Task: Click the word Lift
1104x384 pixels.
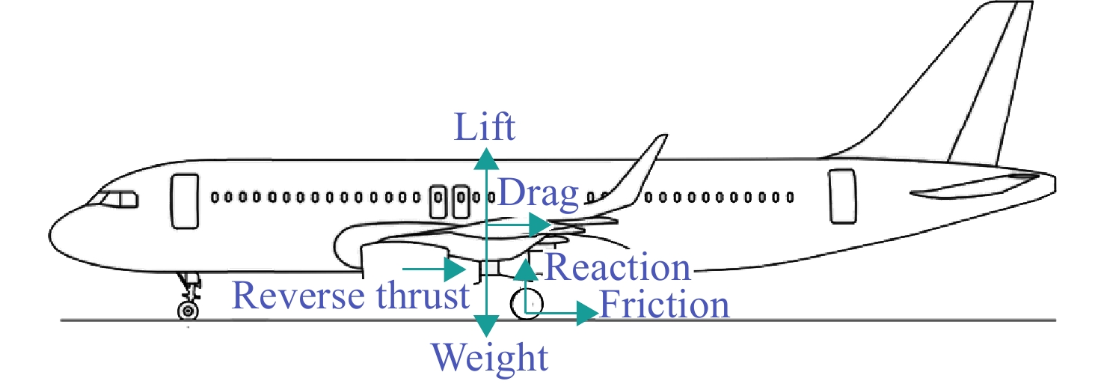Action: click(x=485, y=127)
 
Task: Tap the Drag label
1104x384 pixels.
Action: click(x=539, y=193)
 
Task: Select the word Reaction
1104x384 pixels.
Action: click(x=618, y=268)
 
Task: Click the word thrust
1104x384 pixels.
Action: click(x=423, y=296)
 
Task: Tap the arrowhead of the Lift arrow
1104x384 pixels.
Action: click(x=486, y=159)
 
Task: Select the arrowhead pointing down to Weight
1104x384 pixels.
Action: click(x=486, y=326)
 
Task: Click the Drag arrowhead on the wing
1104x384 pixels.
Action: click(x=540, y=225)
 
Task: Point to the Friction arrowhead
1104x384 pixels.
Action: click(x=587, y=313)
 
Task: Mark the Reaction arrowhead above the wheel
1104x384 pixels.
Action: click(x=527, y=269)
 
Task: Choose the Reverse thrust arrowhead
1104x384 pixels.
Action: click(x=456, y=269)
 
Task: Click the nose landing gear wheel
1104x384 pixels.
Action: click(x=188, y=311)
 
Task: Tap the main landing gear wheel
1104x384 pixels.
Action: click(x=527, y=304)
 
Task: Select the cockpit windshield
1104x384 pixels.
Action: click(x=114, y=199)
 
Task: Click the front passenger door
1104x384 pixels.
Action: click(x=185, y=201)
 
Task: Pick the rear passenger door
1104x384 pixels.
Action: click(x=842, y=196)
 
